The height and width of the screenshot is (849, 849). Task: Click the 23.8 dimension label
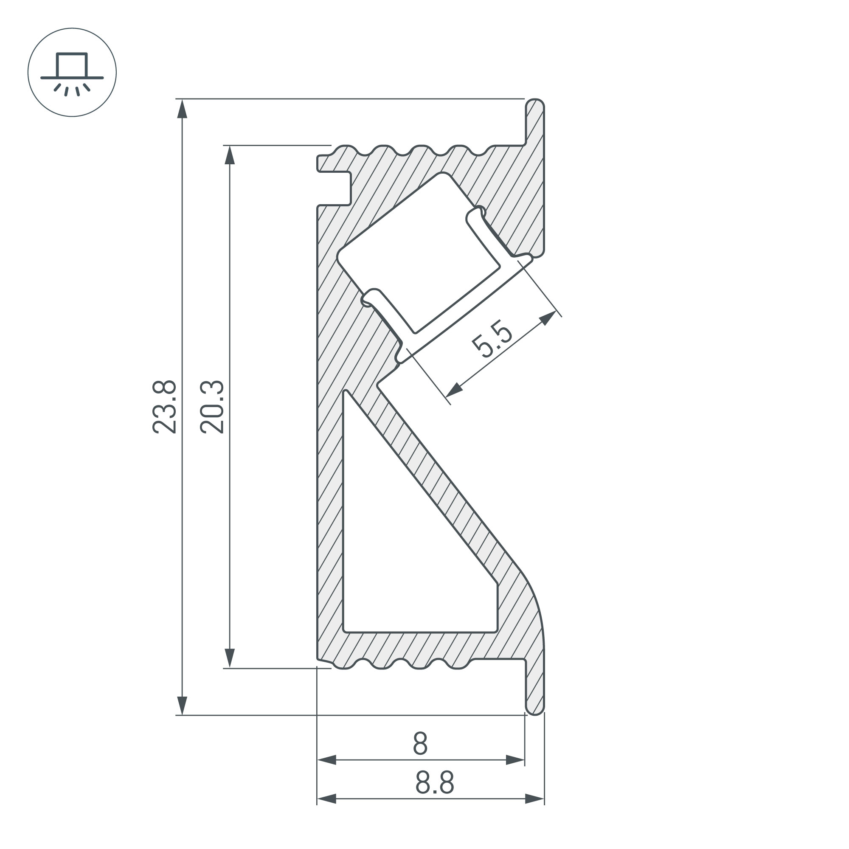click(x=165, y=408)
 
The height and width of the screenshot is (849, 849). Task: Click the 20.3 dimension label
click(x=212, y=408)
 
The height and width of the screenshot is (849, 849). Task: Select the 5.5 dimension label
click(x=492, y=341)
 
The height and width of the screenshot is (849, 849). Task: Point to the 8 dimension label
click(x=421, y=744)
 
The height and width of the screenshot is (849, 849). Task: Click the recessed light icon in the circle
click(x=72, y=73)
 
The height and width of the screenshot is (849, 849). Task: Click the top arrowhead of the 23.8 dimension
click(x=182, y=109)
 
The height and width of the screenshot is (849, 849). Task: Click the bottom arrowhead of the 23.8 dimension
click(x=182, y=706)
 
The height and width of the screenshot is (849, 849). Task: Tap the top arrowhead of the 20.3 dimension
click(x=229, y=155)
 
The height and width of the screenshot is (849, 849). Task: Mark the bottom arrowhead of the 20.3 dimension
click(x=229, y=658)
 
